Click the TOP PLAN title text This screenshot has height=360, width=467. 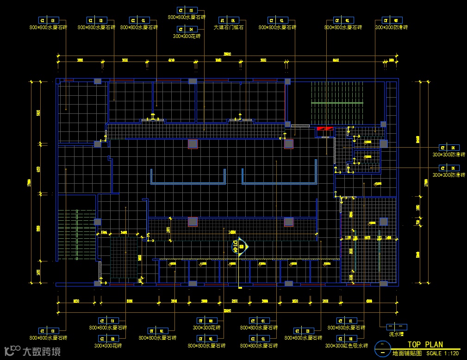pos(425,344)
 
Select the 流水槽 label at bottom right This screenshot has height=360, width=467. pos(396,334)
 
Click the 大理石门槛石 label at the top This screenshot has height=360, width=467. pos(228,28)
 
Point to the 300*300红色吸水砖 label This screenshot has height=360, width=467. pos(347,346)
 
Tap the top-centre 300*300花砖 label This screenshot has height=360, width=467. pos(187,36)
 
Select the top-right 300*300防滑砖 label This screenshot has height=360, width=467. pos(391,28)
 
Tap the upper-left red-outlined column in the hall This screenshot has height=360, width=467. pos(193,144)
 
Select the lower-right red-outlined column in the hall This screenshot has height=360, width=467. pos(289,222)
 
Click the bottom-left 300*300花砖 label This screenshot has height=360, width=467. pos(108,346)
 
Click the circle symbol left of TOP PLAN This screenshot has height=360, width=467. pos(382,348)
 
